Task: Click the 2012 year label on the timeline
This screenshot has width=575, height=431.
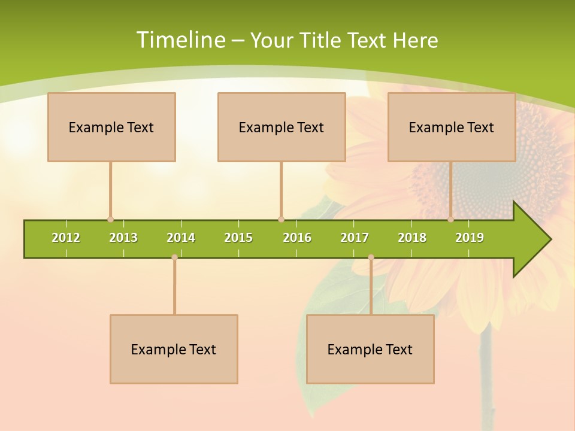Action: (x=66, y=238)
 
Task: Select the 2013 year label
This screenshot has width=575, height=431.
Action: (x=123, y=238)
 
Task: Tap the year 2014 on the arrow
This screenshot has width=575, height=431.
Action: (x=181, y=238)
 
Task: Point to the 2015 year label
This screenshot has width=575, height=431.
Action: (x=238, y=238)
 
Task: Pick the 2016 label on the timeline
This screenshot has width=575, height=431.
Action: (x=297, y=238)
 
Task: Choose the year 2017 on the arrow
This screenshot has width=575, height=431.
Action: (x=355, y=238)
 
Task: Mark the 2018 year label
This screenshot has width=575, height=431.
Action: (x=412, y=238)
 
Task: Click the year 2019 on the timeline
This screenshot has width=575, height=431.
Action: (x=470, y=238)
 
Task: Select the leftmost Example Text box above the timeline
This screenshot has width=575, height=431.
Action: (x=111, y=127)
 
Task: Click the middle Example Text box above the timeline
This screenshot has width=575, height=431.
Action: (x=282, y=127)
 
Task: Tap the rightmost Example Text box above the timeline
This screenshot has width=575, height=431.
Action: (x=452, y=127)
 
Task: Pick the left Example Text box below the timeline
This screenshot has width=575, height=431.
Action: (x=174, y=349)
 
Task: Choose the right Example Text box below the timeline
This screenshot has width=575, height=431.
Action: (x=370, y=349)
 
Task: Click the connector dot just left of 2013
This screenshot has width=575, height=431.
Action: (x=110, y=220)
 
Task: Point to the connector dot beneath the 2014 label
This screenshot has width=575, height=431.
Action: (x=174, y=257)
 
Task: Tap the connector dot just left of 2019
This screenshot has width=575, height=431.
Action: (x=451, y=220)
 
